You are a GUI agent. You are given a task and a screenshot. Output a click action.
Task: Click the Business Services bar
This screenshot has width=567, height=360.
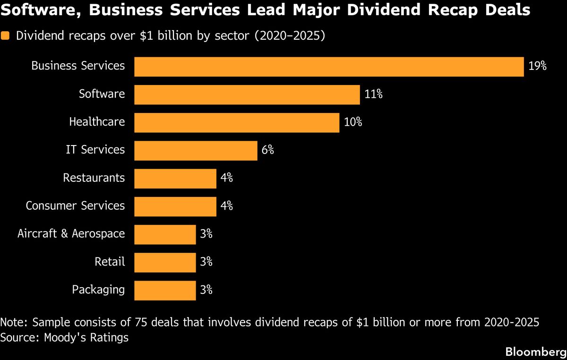pyautogui.click(x=329, y=67)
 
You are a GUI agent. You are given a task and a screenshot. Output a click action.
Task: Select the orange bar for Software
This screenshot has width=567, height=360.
pyautogui.click(x=247, y=94)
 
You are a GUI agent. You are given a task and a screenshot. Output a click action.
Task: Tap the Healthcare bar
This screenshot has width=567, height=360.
pyautogui.click(x=237, y=122)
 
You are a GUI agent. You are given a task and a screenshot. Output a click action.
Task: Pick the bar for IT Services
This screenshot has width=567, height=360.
pyautogui.click(x=196, y=151)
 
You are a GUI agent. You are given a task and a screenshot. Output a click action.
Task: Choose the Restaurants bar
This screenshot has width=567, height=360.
pyautogui.click(x=175, y=179)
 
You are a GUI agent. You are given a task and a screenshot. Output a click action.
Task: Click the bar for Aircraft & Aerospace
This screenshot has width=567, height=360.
pyautogui.click(x=165, y=234)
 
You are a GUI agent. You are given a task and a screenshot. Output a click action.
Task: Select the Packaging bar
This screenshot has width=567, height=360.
pyautogui.click(x=165, y=290)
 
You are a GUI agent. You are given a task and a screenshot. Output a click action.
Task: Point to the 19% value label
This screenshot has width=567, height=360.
pyautogui.click(x=537, y=66)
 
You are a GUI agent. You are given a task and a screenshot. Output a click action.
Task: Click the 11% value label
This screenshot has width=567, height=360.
pyautogui.click(x=373, y=94)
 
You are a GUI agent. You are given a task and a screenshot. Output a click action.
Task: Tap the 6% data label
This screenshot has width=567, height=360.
pyautogui.click(x=267, y=151)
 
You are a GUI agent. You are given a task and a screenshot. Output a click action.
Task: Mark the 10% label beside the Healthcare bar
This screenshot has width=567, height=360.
pyautogui.click(x=353, y=122)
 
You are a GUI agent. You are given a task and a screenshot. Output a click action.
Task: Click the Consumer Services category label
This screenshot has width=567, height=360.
pyautogui.click(x=75, y=206)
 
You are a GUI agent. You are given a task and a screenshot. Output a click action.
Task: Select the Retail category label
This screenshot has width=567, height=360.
pyautogui.click(x=110, y=262)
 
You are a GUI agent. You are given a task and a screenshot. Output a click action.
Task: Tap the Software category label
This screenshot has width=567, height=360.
pyautogui.click(x=102, y=94)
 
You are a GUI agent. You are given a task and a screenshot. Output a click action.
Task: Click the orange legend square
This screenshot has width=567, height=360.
pyautogui.click(x=5, y=36)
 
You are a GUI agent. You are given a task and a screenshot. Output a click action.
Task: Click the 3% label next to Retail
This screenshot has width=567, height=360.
pyautogui.click(x=206, y=262)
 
